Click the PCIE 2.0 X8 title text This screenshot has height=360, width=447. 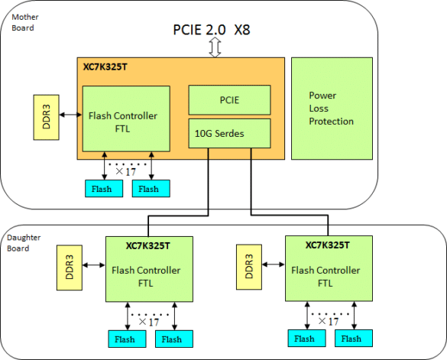point(212,30)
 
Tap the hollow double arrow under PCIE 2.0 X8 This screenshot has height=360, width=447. point(215,47)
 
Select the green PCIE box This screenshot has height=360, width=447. point(229,100)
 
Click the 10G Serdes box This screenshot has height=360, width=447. point(229,134)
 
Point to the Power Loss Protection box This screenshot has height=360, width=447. point(332,109)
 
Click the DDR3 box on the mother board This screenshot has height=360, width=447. point(46,117)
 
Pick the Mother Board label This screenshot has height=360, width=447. point(25,22)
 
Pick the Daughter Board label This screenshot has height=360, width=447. point(24,243)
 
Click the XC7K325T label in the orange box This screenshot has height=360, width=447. point(105,66)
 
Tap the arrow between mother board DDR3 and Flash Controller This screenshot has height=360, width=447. point(71,115)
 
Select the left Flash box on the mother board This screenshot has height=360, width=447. point(104,189)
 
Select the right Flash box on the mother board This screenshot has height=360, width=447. point(151,189)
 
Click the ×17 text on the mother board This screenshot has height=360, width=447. point(126,172)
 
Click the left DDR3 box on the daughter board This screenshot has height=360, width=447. point(70,268)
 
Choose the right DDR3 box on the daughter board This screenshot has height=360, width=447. point(249,267)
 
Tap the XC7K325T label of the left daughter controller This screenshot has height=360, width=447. point(148,245)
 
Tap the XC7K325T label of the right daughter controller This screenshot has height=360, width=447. point(328,245)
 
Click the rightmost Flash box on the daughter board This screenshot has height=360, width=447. point(354,339)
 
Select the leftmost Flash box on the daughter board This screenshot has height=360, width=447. point(127,339)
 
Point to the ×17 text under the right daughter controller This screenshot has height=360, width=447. point(329,322)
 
